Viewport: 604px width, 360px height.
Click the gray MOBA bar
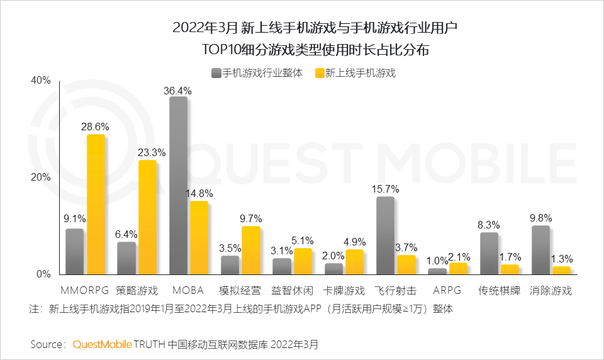179,186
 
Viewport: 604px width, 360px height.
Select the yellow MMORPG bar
96,205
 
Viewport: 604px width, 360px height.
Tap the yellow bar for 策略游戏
147,217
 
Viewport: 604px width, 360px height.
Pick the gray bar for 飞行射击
385,235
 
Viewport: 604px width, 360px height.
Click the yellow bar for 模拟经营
250,250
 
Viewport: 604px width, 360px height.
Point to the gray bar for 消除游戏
540,250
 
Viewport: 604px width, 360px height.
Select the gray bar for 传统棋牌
489,253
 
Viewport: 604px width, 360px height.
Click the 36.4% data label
177,91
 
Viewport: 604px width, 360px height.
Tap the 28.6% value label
95,127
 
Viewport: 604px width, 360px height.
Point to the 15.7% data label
385,189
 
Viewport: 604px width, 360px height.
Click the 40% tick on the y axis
40,81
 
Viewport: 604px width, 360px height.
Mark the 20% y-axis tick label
40,177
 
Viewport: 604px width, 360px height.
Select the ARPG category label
447,291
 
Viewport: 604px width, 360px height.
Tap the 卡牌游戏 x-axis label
344,291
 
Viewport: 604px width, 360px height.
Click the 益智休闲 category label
293,291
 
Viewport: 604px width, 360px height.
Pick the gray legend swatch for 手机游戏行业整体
216,72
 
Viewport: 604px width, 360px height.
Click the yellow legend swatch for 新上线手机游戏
319,72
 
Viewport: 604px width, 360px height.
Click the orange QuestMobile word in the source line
103,344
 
